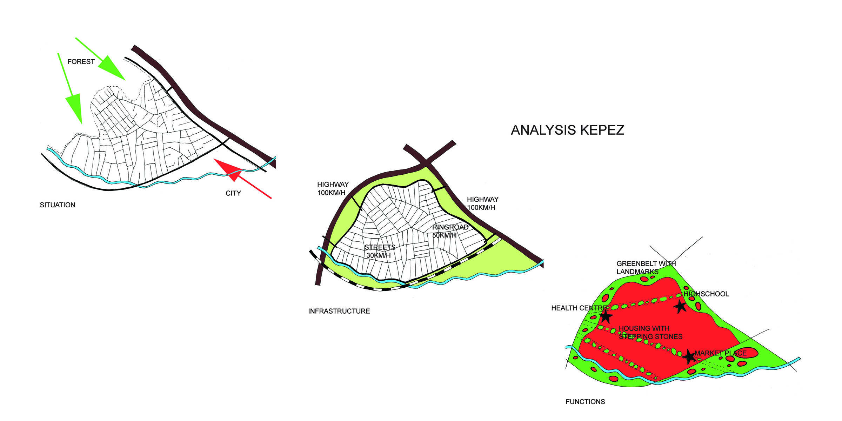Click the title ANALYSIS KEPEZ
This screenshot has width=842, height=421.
point(567,130)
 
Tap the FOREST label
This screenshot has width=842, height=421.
point(81,62)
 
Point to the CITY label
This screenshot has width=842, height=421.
point(233,193)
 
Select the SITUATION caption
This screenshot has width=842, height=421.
point(58,205)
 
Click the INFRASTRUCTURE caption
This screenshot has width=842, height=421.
point(339,311)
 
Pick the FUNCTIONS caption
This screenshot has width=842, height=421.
point(585,402)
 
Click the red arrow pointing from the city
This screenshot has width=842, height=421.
point(242,179)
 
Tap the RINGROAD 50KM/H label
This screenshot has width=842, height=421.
point(450,231)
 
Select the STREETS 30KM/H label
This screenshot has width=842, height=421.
point(380,251)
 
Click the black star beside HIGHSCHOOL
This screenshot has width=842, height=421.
point(680,306)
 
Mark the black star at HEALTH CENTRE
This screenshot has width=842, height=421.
point(606,317)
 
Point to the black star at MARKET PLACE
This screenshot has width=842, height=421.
point(689,356)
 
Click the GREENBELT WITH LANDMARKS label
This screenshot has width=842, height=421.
point(646,267)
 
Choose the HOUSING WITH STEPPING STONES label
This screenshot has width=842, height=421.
point(650,333)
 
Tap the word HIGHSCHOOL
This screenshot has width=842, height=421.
point(706,294)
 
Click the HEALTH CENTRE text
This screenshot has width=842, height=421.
point(580,308)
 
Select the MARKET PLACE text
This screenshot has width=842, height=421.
point(721,353)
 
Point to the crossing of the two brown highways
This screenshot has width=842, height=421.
point(426,162)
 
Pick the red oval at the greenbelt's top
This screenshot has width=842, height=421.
point(644,279)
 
